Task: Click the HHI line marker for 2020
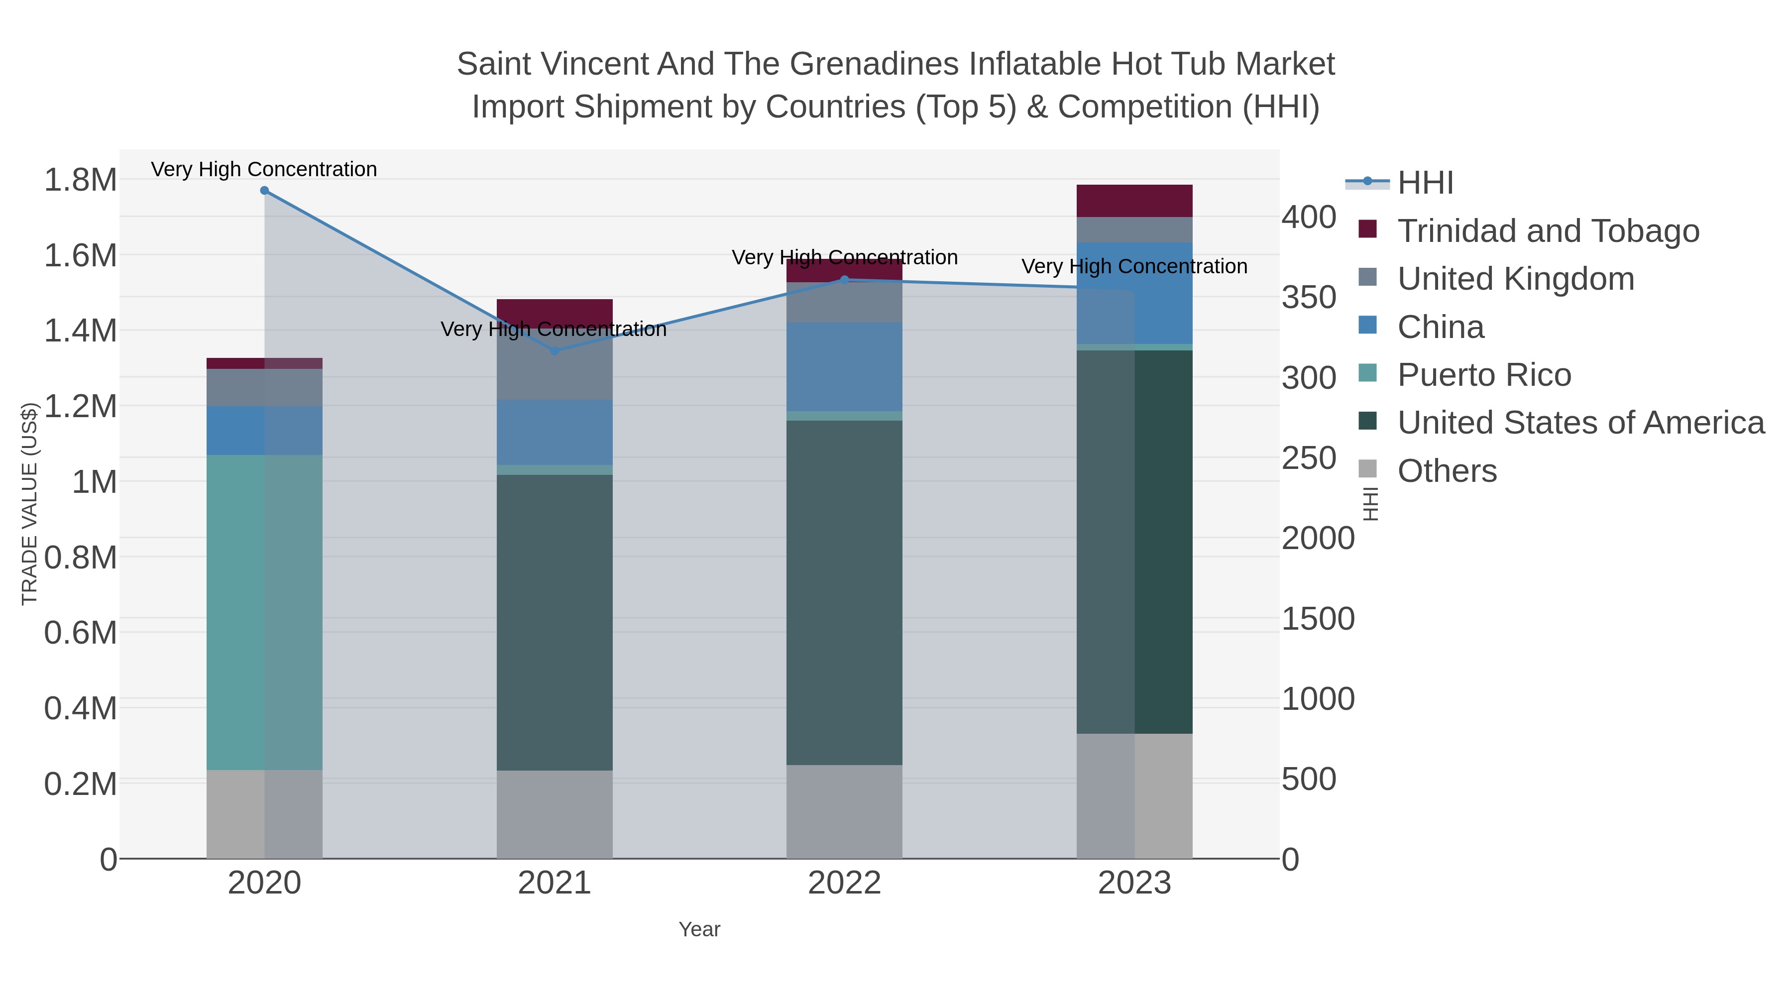pyautogui.click(x=264, y=191)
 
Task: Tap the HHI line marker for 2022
pyautogui.click(x=845, y=280)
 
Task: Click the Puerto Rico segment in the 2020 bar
pyautogui.click(x=264, y=612)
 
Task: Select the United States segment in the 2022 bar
pyautogui.click(x=845, y=591)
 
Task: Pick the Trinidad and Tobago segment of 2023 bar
pyautogui.click(x=1134, y=201)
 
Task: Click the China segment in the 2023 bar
pyautogui.click(x=1134, y=293)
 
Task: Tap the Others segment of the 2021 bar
pyautogui.click(x=555, y=814)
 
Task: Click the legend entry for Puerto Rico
pyautogui.click(x=1484, y=375)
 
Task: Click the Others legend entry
pyautogui.click(x=1447, y=471)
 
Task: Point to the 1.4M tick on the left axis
pyautogui.click(x=80, y=331)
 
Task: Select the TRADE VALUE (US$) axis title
pyautogui.click(x=29, y=504)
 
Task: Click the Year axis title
pyautogui.click(x=699, y=929)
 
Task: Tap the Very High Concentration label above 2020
pyautogui.click(x=264, y=169)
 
